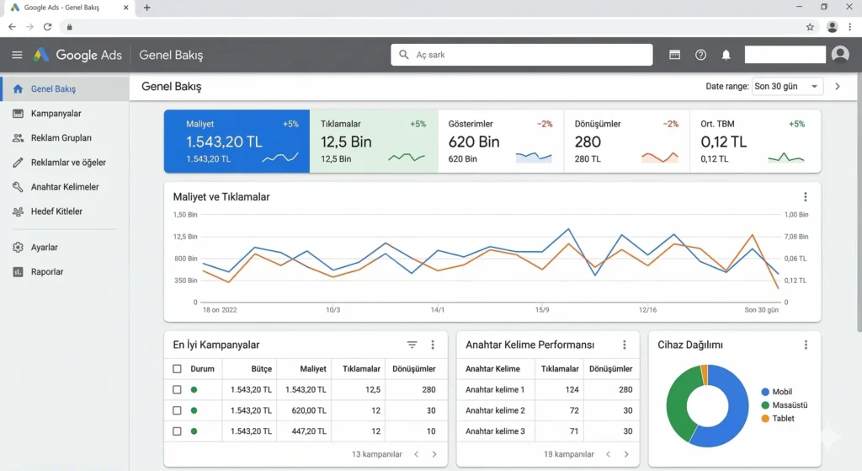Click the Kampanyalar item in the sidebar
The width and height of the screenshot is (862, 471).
[56, 114]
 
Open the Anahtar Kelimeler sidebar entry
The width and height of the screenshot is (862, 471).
[64, 187]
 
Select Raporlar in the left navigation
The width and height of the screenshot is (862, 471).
[46, 272]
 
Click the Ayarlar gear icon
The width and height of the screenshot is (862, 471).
[18, 248]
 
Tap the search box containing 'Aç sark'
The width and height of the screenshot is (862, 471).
[522, 55]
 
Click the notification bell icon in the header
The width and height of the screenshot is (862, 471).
[726, 55]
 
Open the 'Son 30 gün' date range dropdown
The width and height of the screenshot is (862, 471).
[787, 87]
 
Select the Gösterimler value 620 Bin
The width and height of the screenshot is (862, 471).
[474, 142]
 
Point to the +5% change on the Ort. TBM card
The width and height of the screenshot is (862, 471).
[795, 124]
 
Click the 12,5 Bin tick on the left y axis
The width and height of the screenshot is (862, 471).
[186, 237]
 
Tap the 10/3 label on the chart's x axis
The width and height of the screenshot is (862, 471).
[333, 310]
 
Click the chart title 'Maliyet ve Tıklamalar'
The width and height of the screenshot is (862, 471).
[221, 197]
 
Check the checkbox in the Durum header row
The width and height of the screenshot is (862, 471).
[177, 369]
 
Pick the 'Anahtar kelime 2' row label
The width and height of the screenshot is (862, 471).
[495, 410]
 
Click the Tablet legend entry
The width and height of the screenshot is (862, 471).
[783, 419]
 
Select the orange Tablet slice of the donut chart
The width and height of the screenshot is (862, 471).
[704, 374]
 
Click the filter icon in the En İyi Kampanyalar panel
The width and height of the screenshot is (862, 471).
[412, 345]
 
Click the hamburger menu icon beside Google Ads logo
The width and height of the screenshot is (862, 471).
[17, 56]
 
